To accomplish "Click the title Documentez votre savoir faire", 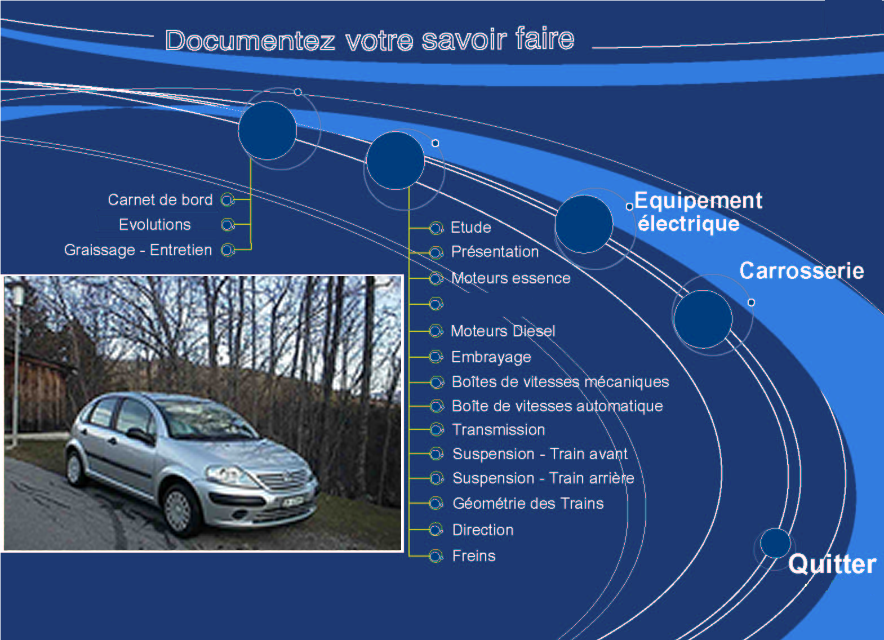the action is click(370, 40).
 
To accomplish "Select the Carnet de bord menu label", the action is click(160, 199).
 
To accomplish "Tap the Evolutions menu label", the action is click(155, 225).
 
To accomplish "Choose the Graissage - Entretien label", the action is click(138, 250).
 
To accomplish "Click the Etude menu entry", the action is click(471, 227).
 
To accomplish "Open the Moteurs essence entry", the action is click(511, 278).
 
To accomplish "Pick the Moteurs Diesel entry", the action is click(503, 331).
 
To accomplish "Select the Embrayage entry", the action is click(491, 357).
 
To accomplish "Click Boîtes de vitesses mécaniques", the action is click(561, 381).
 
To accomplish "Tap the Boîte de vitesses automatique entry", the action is click(557, 406).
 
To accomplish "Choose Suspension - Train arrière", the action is click(544, 478).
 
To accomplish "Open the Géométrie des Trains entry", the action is click(528, 504).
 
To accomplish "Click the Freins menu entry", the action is click(474, 556).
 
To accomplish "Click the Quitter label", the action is click(832, 564).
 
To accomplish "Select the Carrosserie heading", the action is click(802, 270).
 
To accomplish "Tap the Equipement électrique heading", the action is click(698, 212).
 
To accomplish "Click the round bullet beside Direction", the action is click(436, 530).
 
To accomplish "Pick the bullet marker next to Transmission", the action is click(437, 430).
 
